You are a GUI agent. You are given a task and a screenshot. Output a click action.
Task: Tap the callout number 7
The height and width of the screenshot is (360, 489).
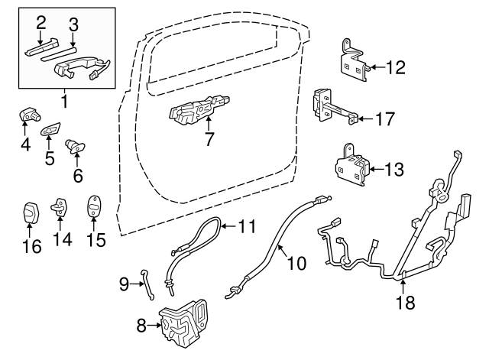click(x=209, y=139)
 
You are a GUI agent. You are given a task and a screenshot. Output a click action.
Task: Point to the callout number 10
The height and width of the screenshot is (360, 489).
click(x=296, y=263)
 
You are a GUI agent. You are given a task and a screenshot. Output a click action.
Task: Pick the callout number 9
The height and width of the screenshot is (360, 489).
click(x=125, y=285)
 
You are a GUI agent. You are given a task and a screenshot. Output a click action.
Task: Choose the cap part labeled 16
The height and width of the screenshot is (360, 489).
click(x=31, y=212)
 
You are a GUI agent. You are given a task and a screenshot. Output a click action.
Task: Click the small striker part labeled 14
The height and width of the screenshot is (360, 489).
click(x=61, y=207)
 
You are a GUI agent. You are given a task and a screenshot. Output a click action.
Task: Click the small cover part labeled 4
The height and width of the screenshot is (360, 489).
click(x=28, y=115)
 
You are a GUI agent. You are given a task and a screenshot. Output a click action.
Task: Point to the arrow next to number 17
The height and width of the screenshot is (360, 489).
click(x=364, y=118)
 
